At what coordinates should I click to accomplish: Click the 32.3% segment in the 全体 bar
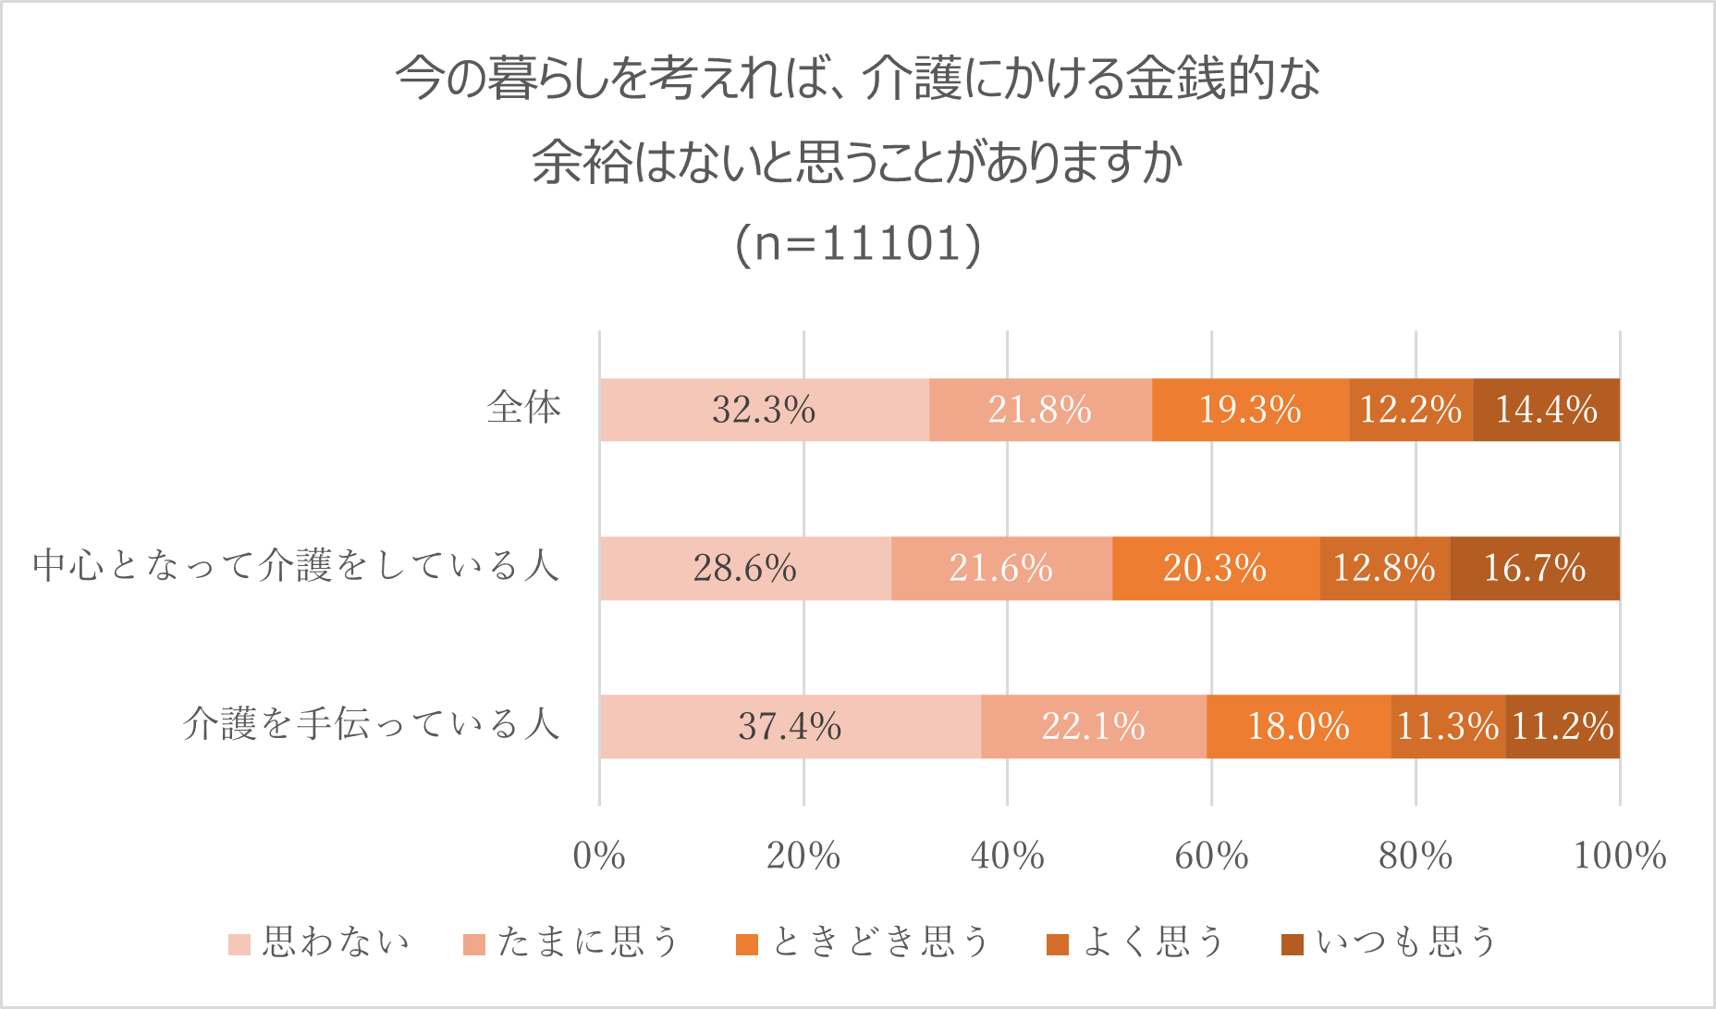click(x=764, y=410)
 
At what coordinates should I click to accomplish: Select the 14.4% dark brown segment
click(x=1546, y=410)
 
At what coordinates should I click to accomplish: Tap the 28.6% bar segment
click(x=745, y=568)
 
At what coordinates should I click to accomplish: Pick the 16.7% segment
click(x=1535, y=568)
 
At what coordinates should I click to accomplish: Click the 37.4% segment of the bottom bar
click(x=790, y=726)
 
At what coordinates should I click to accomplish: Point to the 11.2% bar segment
click(x=1563, y=726)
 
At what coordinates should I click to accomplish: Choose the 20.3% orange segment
click(x=1215, y=568)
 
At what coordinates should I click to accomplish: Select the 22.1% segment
click(x=1094, y=726)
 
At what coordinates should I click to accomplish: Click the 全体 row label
click(x=524, y=408)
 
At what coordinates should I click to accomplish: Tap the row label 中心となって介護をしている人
click(x=296, y=566)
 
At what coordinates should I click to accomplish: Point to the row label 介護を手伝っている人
click(x=372, y=724)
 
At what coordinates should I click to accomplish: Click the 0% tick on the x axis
click(x=599, y=856)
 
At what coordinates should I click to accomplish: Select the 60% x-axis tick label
click(x=1211, y=856)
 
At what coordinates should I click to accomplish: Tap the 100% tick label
click(x=1620, y=856)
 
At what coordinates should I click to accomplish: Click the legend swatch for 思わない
click(x=239, y=944)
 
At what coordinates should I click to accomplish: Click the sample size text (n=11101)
click(x=858, y=244)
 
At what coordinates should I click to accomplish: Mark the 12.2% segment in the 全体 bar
click(x=1411, y=410)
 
